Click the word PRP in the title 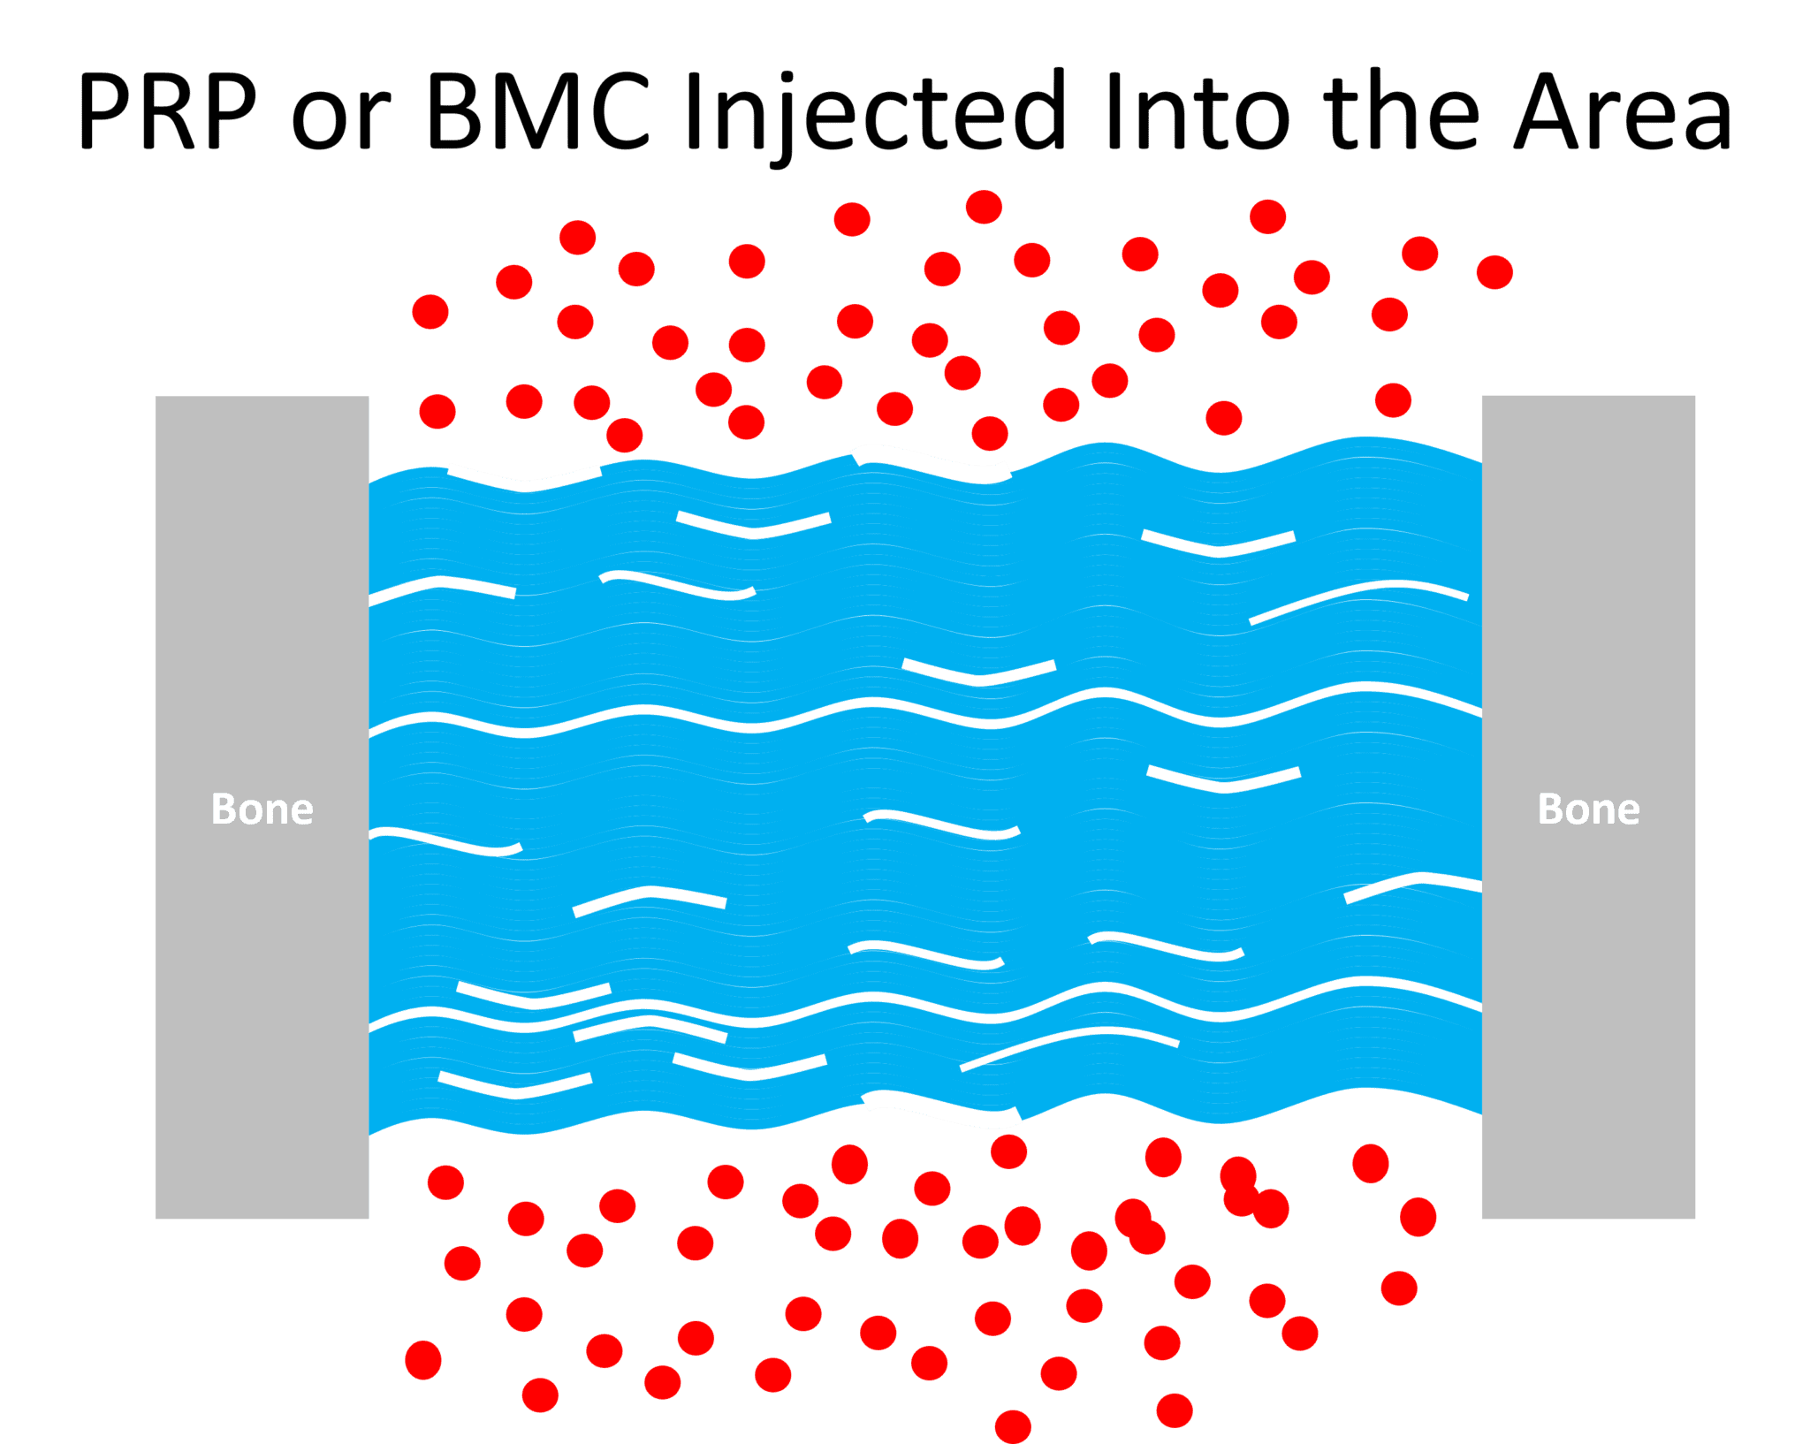168,112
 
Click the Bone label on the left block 262,809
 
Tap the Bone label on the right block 1588,809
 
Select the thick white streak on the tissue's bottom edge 941,1110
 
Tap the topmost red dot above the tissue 984,208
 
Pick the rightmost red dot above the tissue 1494,272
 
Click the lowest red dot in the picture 1013,1426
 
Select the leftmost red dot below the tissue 423,1359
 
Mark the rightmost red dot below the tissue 1418,1217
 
